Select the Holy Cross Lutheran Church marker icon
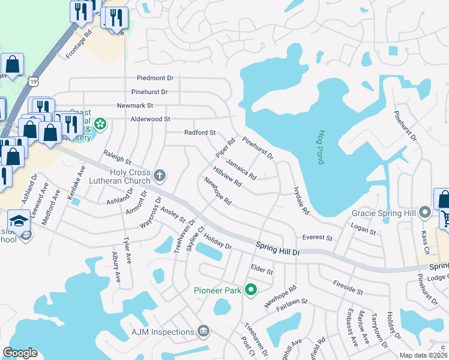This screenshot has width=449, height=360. pyautogui.click(x=159, y=175)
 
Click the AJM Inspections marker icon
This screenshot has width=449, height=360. pyautogui.click(x=203, y=331)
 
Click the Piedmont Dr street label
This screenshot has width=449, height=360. pyautogui.click(x=155, y=78)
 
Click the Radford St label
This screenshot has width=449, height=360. pyautogui.click(x=199, y=133)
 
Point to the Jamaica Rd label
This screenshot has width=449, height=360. pyautogui.click(x=241, y=170)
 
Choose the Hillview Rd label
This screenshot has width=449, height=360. pyautogui.click(x=227, y=177)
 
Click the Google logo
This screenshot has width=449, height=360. pyautogui.click(x=20, y=353)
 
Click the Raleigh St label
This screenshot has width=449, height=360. pyautogui.click(x=116, y=157)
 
